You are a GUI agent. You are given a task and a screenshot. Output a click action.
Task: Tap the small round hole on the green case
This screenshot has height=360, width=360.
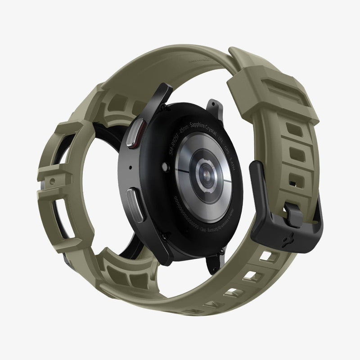[53, 180]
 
